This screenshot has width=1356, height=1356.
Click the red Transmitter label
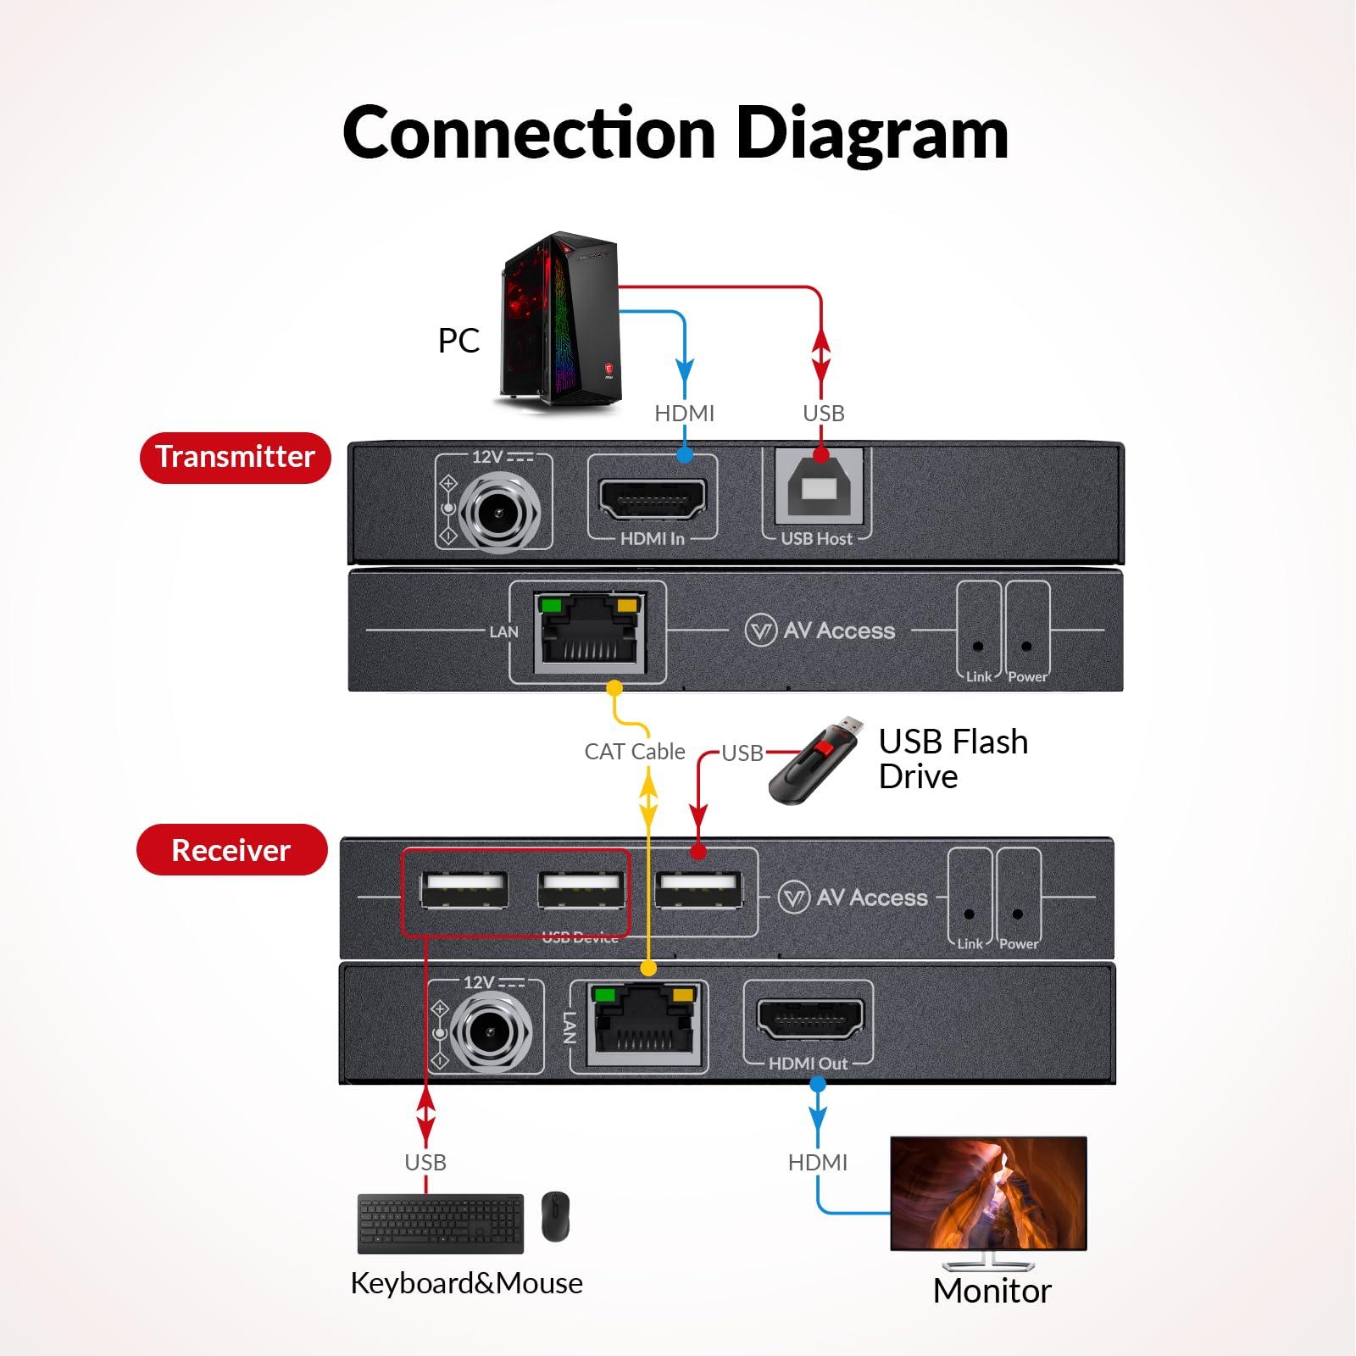[x=235, y=458]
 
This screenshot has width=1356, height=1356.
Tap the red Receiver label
[x=231, y=850]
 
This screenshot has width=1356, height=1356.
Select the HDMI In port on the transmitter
[x=653, y=499]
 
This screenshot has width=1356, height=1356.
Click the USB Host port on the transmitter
[x=820, y=490]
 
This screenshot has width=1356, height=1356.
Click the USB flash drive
[x=814, y=761]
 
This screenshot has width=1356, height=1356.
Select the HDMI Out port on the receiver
[x=810, y=1020]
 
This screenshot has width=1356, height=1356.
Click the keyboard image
[x=441, y=1223]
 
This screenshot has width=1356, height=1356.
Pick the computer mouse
[x=555, y=1217]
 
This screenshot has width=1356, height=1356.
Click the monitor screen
[x=988, y=1193]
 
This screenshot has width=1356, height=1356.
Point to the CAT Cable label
[x=635, y=752]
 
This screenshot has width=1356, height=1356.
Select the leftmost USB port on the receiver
[x=464, y=891]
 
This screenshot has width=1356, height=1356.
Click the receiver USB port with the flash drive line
[x=699, y=891]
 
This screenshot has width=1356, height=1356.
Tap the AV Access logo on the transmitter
[x=820, y=631]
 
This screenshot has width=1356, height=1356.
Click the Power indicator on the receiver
[x=1017, y=914]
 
